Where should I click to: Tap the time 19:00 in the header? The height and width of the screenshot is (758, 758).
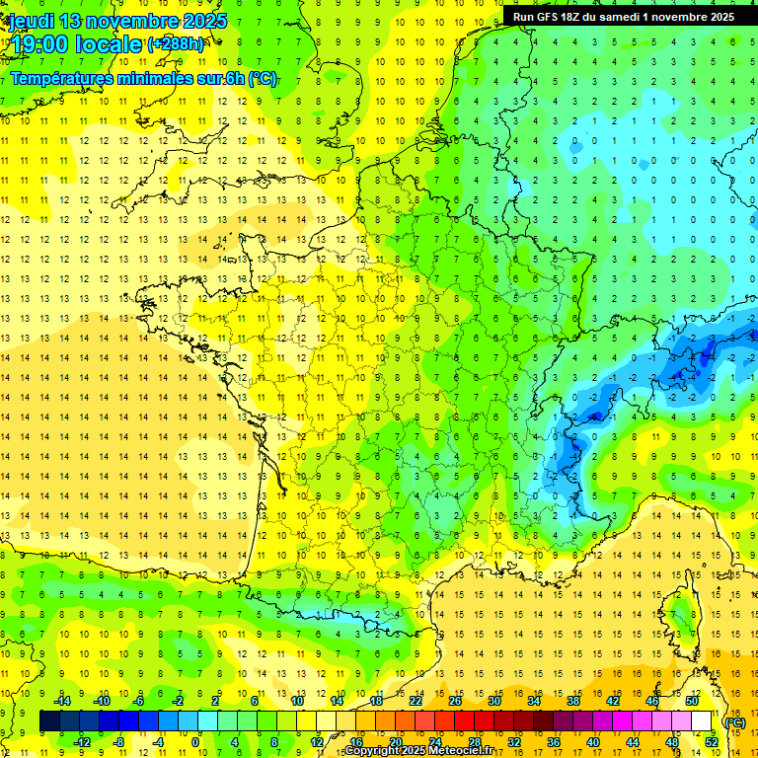pyautogui.click(x=40, y=43)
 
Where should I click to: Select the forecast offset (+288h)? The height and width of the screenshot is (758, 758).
pyautogui.click(x=176, y=43)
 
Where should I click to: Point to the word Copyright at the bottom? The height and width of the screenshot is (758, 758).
pyautogui.click(x=373, y=751)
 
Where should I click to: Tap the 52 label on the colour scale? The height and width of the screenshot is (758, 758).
pyautogui.click(x=712, y=741)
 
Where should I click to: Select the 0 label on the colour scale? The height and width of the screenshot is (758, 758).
pyautogui.click(x=195, y=741)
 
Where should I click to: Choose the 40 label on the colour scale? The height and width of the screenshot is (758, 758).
pyautogui.click(x=593, y=741)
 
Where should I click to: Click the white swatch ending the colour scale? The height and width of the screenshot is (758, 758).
pyautogui.click(x=702, y=720)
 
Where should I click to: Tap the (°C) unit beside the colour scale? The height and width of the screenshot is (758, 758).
pyautogui.click(x=734, y=722)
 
